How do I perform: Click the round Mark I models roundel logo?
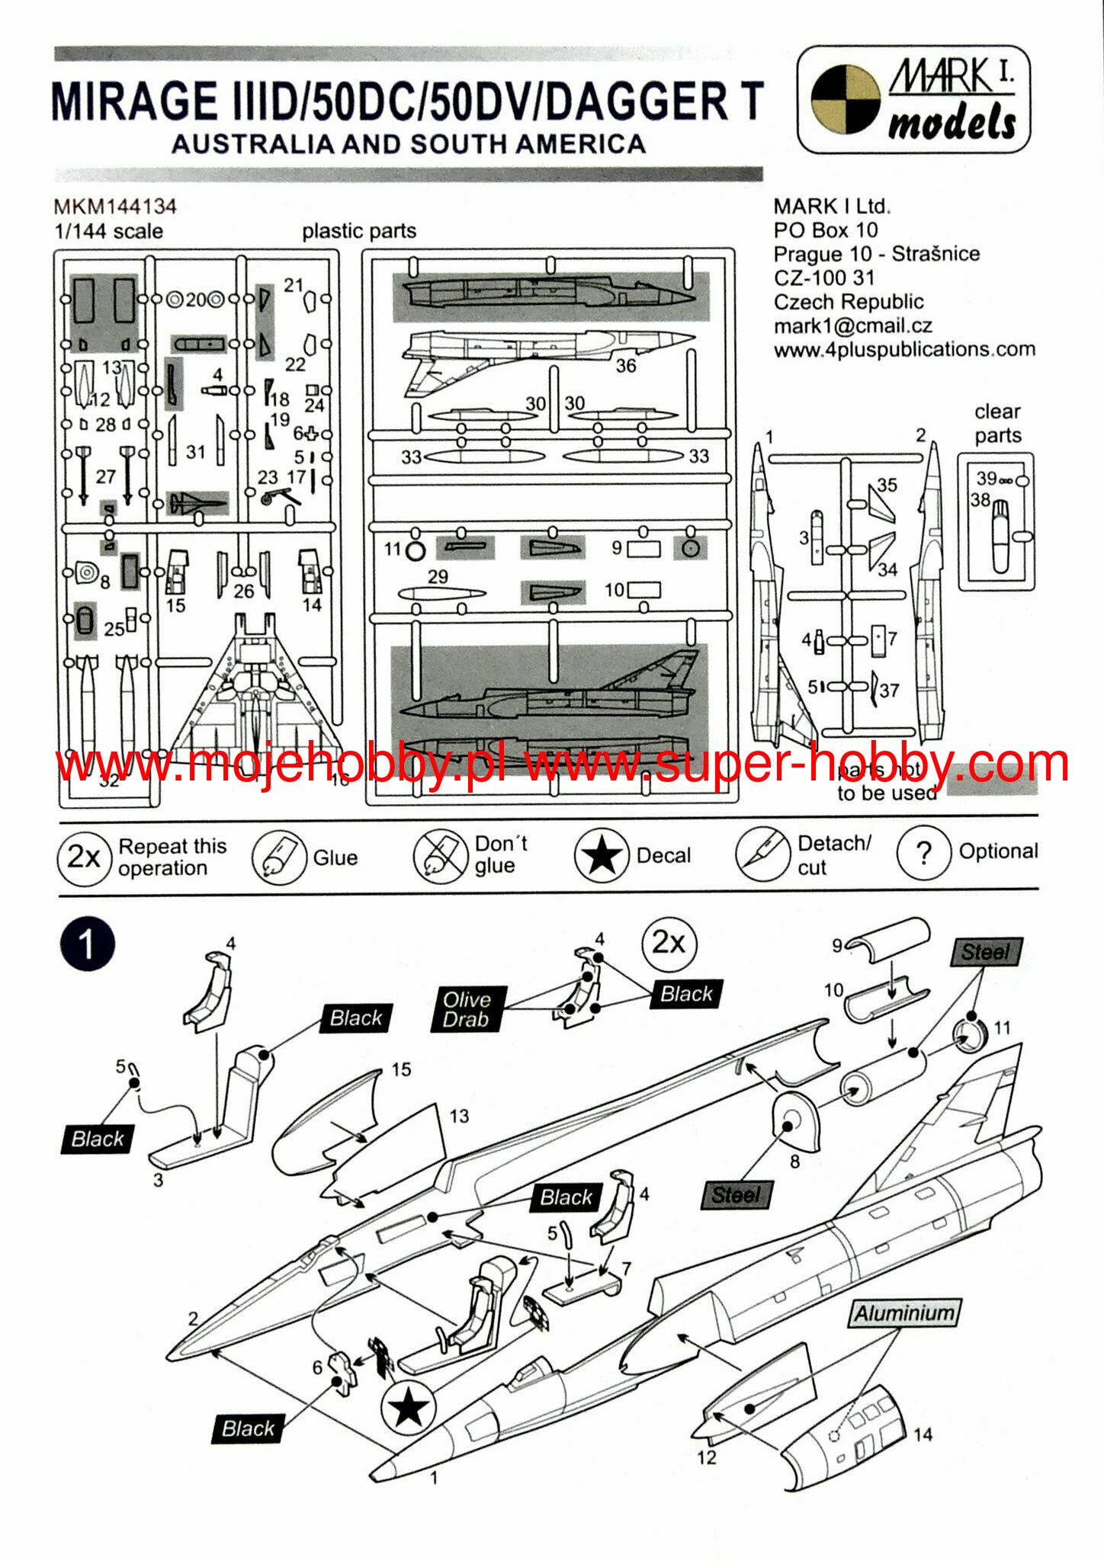845,100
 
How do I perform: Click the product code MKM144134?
115,207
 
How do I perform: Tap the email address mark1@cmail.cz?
852,325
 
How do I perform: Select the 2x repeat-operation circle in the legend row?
84,857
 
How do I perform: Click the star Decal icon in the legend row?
602,856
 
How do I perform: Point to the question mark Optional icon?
923,853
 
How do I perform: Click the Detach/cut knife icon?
762,854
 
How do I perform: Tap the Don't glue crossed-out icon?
440,856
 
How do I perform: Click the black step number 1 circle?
88,944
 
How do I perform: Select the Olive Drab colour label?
467,1009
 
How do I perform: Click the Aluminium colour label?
904,1313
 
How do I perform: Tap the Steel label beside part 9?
985,952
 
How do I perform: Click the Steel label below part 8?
736,1194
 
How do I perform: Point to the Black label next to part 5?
98,1139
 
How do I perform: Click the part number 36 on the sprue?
626,366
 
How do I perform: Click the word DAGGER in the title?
637,102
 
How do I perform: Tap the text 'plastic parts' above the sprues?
359,231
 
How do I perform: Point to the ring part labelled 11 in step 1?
969,1037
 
